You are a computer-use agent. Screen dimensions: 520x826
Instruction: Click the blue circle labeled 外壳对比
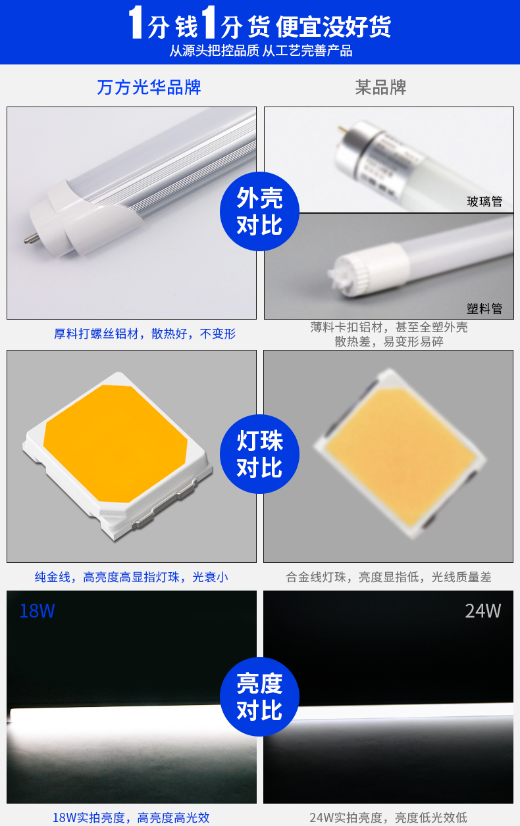[259, 211]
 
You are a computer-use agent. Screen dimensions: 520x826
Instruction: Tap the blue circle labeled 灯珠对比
[259, 454]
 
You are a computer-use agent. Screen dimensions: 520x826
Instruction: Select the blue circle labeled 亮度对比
[259, 696]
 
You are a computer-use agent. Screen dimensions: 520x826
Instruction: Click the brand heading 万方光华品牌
[149, 87]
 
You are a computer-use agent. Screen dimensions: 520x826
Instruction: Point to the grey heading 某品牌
[380, 87]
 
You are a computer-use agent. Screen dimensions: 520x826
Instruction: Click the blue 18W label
[37, 611]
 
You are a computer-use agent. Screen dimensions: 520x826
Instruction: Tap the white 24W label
[482, 611]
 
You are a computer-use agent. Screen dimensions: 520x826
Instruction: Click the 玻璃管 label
[484, 201]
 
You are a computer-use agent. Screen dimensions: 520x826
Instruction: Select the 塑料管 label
[484, 308]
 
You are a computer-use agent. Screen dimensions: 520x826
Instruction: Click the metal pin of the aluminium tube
[32, 238]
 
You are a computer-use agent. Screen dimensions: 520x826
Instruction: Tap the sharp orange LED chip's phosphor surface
[115, 443]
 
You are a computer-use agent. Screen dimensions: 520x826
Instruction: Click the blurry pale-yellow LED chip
[400, 454]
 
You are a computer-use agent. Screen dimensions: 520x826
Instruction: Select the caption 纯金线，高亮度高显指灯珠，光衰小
[132, 577]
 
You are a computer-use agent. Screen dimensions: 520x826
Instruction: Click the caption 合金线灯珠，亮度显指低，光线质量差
[388, 577]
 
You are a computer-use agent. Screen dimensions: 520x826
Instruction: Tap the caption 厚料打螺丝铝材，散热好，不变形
[145, 333]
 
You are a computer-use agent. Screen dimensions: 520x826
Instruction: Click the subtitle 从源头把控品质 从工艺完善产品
[261, 51]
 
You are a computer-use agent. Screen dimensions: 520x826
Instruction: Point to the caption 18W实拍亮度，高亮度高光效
[131, 817]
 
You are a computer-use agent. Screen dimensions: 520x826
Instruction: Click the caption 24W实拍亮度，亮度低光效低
[388, 817]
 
